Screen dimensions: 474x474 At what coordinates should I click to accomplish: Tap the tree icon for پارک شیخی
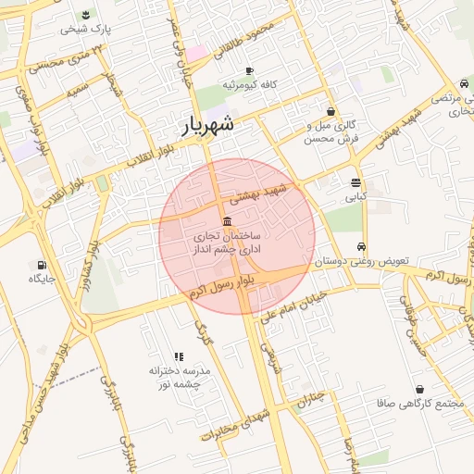point(85,14)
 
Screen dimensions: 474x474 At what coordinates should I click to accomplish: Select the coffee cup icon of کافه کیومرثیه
point(249,71)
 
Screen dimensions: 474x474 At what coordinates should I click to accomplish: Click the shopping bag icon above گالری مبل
point(331,111)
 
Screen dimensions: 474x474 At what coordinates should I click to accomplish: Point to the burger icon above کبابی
point(356,182)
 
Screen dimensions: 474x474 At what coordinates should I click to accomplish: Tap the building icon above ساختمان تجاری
point(228,219)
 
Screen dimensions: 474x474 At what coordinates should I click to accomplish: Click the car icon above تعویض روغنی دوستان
point(361,247)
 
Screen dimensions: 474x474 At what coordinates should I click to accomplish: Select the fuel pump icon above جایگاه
point(43,264)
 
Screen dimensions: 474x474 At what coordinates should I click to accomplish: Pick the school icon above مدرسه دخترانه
point(179,355)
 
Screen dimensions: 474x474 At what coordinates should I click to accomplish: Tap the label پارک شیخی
point(86,29)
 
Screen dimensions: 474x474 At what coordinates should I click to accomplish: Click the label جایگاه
point(43,278)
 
